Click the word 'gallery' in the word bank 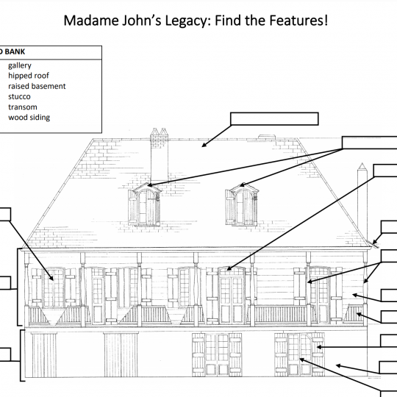pyautogui.click(x=20, y=65)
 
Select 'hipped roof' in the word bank pyautogui.click(x=29, y=76)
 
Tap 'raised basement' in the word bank pyautogui.click(x=37, y=86)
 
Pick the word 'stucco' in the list pyautogui.click(x=19, y=96)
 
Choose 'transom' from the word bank pyautogui.click(x=23, y=107)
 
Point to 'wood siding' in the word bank pyautogui.click(x=29, y=118)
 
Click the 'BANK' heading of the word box pyautogui.click(x=15, y=51)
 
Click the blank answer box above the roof pyautogui.click(x=274, y=119)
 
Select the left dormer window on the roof pyautogui.click(x=145, y=204)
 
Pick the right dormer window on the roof pyautogui.click(x=242, y=204)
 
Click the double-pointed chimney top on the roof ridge pyautogui.click(x=160, y=135)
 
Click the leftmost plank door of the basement pyautogui.click(x=44, y=354)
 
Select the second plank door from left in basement pyautogui.click(x=121, y=354)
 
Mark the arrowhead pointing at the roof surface pyautogui.click(x=204, y=145)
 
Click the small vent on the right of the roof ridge pyautogui.click(x=266, y=137)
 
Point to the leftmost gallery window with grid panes pyautogui.click(x=54, y=288)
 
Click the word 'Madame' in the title pyautogui.click(x=91, y=21)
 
